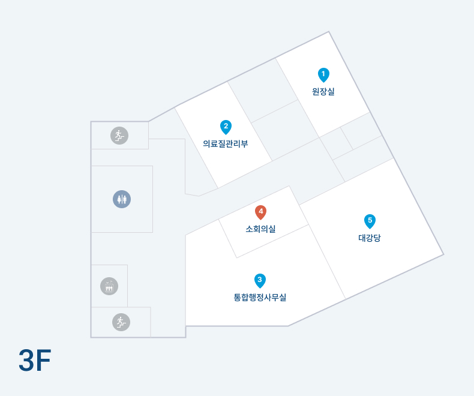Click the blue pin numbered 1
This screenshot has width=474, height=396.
323,74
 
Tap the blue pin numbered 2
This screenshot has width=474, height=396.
226,127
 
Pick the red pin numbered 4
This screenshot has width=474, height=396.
260,212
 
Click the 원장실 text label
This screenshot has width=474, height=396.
323,92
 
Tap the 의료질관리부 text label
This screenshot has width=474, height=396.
226,144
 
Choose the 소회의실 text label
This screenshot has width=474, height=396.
260,229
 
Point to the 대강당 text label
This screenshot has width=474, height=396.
370,238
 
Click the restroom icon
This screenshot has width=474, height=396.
122,199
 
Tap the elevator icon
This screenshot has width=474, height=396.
109,286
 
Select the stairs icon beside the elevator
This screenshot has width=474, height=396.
121,322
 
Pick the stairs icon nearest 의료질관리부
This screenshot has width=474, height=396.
119,136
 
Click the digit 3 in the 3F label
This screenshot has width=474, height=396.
26,361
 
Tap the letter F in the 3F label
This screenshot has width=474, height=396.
43,361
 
